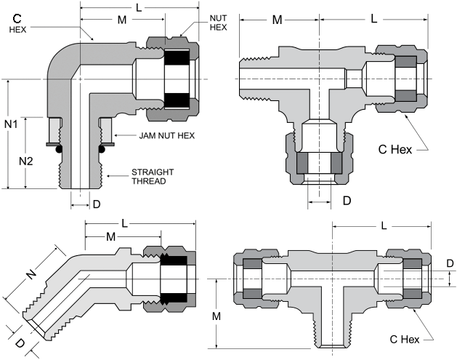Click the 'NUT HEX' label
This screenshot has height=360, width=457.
pos(218,23)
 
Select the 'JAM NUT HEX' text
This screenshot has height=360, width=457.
pos(166,136)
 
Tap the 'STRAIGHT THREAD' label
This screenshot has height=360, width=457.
pos(153,177)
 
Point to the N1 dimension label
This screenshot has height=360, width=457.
pos(11,124)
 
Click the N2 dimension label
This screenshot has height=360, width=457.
pos(26,161)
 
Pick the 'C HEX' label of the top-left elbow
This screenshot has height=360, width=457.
pos(17,23)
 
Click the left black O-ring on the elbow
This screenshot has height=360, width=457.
pos(59,149)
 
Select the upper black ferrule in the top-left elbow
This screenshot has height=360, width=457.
pos(177,57)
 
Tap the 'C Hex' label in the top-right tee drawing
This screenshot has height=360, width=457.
pos(395,150)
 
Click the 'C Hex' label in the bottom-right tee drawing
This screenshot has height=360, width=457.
pos(405,340)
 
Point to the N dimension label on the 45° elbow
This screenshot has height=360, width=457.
pos(31,273)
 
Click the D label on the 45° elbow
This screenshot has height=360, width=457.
pos(20,343)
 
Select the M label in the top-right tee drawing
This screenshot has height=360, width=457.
pos(277,20)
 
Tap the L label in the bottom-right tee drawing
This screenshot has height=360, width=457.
pos(384,225)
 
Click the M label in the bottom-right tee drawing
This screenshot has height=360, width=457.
pos(217,316)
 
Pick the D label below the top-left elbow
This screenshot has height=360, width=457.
pos(97,204)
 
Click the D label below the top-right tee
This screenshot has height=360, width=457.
pos(347,201)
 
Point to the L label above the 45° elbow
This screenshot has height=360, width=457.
pos(124,223)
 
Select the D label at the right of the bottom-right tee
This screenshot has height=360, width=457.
pos(450,263)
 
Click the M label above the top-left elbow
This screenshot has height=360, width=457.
pos(122,20)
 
